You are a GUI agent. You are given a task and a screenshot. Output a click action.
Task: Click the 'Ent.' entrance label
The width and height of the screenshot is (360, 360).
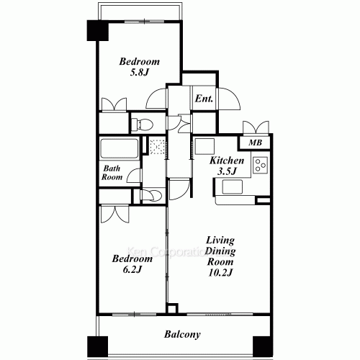point(203,99)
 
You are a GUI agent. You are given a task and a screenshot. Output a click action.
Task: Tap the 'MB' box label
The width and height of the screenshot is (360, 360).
point(255,143)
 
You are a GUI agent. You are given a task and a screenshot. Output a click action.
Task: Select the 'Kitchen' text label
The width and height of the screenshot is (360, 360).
point(226,161)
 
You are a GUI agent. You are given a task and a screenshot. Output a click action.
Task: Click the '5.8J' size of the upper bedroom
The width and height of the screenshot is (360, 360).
point(139,73)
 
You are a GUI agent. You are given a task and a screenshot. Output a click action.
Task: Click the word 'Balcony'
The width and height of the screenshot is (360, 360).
point(181,335)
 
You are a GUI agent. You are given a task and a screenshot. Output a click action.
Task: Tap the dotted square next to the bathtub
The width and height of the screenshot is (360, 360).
point(158,146)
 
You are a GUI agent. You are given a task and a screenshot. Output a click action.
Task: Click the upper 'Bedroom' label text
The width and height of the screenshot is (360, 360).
point(140,62)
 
